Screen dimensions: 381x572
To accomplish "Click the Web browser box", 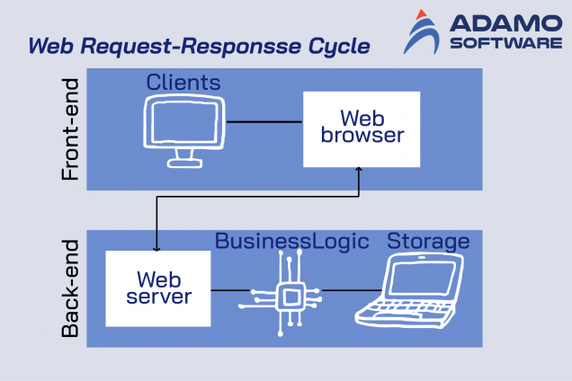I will point(362,128).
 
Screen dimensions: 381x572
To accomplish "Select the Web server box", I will point(158,288).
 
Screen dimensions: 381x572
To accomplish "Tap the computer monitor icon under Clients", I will point(186,130).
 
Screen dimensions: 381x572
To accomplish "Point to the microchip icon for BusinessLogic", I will point(289,293).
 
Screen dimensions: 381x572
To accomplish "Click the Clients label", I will point(183,83).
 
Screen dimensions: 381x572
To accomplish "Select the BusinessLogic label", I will point(292,241).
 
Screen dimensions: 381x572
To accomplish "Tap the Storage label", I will point(428,241).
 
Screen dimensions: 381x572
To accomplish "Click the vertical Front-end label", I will point(71,129).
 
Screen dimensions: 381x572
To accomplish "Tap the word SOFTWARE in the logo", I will point(506,42).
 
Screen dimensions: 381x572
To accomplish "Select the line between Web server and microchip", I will point(228,289).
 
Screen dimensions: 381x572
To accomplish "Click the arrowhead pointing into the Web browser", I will point(360,171).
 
